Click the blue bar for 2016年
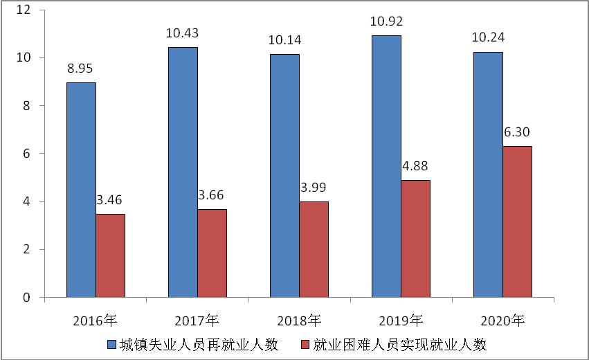81,190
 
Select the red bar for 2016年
110,256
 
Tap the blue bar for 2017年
183,172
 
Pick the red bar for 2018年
314,250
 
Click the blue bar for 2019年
386,166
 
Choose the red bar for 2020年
517,222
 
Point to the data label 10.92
386,21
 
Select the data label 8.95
81,69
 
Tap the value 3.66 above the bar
212,195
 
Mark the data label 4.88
415,167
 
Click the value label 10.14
284,39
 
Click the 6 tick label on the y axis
26,154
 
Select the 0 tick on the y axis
26,298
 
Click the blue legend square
111,344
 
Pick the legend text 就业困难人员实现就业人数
400,344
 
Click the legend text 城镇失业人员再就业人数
199,344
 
